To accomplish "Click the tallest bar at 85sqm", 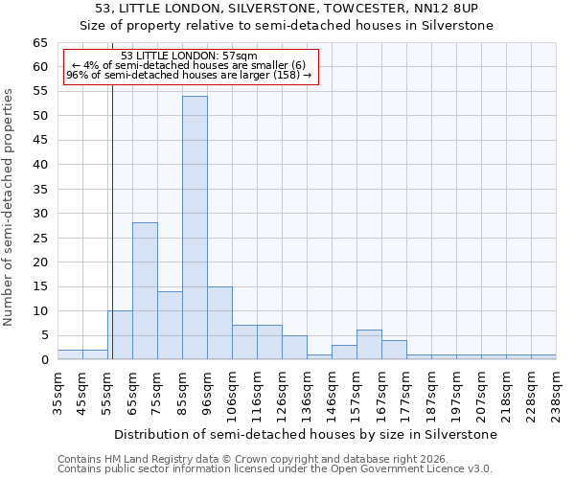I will pos(195,228).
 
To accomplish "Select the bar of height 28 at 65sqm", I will pos(145,291).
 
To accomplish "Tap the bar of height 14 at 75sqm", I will pos(170,326).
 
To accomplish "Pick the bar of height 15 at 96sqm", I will pos(219,323).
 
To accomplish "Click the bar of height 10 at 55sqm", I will pos(120,335).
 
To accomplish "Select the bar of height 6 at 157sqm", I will pos(369,345).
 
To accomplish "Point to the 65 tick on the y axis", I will pos(40,43).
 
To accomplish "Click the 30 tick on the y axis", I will pos(40,214).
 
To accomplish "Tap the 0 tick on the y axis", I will pos(44,360).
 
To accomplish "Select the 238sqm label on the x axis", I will pos(556,395).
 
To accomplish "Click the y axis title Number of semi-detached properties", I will pos(9,207).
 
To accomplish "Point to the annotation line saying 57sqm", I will pos(189,56).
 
